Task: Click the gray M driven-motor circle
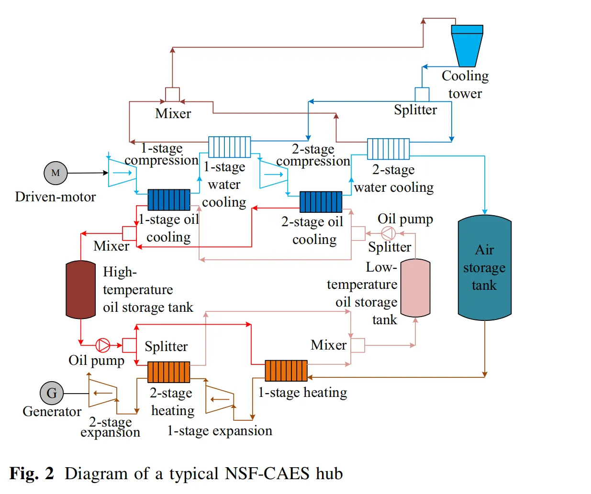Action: [x=56, y=173]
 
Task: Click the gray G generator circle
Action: [x=52, y=393]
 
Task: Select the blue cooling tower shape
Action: [x=467, y=45]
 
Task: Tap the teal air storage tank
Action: [x=484, y=268]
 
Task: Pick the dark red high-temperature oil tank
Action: [x=80, y=289]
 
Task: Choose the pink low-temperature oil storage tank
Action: [x=415, y=288]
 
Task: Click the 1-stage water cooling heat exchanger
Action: [x=229, y=147]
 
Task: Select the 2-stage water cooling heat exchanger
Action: [x=388, y=149]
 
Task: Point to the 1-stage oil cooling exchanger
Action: [x=168, y=200]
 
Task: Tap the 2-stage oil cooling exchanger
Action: [x=321, y=202]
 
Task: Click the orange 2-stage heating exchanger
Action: [x=168, y=372]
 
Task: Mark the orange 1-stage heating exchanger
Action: [x=286, y=371]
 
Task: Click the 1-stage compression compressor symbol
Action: [x=122, y=173]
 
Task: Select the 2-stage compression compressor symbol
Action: [x=273, y=174]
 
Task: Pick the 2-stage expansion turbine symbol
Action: [x=102, y=393]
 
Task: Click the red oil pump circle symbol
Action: [x=103, y=345]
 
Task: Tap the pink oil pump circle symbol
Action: [x=388, y=233]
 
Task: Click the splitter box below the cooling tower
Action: [x=422, y=94]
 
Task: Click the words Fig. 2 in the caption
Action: [x=32, y=473]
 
